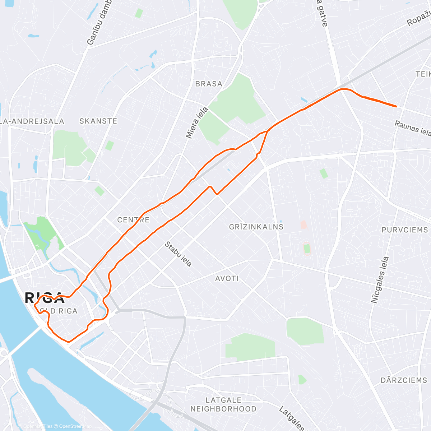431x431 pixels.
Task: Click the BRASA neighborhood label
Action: coord(209,84)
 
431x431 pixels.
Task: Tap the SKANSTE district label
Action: coord(98,121)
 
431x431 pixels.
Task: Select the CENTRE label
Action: coord(133,220)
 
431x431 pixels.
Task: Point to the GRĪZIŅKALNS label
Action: coord(256,227)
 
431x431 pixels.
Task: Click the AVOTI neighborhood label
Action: coord(227,278)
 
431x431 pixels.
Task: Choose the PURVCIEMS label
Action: coord(404,230)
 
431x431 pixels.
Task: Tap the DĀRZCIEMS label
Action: coord(404,380)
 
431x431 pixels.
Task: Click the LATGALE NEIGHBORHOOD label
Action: coord(223,404)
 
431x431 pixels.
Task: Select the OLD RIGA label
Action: coord(59,311)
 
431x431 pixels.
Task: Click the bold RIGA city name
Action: coord(44,298)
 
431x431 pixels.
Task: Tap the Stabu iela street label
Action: coord(178,254)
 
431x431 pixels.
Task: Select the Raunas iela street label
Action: coord(413,128)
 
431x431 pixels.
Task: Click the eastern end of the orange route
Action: coord(396,106)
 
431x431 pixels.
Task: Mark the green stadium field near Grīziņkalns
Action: coord(306,249)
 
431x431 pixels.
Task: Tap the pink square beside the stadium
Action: coord(303,225)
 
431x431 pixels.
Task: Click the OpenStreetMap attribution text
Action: coord(75,426)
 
